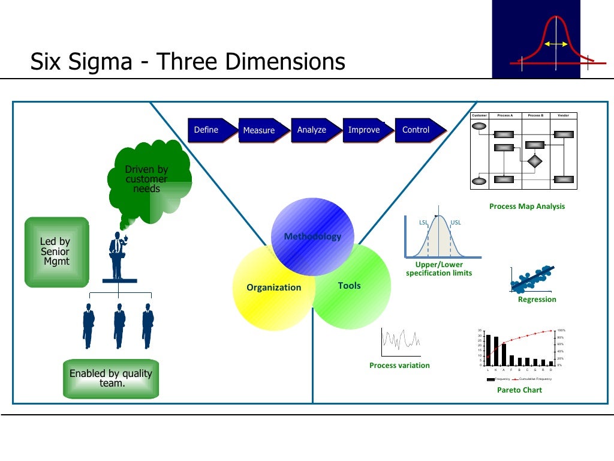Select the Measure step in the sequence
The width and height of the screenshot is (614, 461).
[x=259, y=130]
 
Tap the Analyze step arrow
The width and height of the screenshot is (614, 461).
[x=312, y=130]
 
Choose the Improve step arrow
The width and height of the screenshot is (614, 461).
[x=364, y=130]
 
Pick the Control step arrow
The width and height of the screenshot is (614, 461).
[x=417, y=130]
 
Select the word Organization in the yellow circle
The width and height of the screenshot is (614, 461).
[x=273, y=288]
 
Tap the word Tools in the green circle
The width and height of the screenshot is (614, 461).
[x=349, y=286]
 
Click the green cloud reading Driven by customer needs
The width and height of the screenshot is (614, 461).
[x=148, y=178]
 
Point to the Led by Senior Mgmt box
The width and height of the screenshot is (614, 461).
[x=56, y=252]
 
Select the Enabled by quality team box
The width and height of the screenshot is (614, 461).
[x=111, y=379]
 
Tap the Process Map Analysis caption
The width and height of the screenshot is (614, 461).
[x=526, y=206]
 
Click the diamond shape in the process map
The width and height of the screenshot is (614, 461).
[x=534, y=161]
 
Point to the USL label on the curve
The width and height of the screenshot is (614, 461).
[x=456, y=223]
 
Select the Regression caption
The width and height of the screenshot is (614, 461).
[x=537, y=300]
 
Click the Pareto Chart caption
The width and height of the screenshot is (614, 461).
[x=519, y=390]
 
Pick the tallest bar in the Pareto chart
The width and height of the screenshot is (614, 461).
[x=488, y=349]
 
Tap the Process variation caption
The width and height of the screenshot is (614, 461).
[x=399, y=366]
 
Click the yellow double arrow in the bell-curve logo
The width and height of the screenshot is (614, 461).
[x=556, y=44]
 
